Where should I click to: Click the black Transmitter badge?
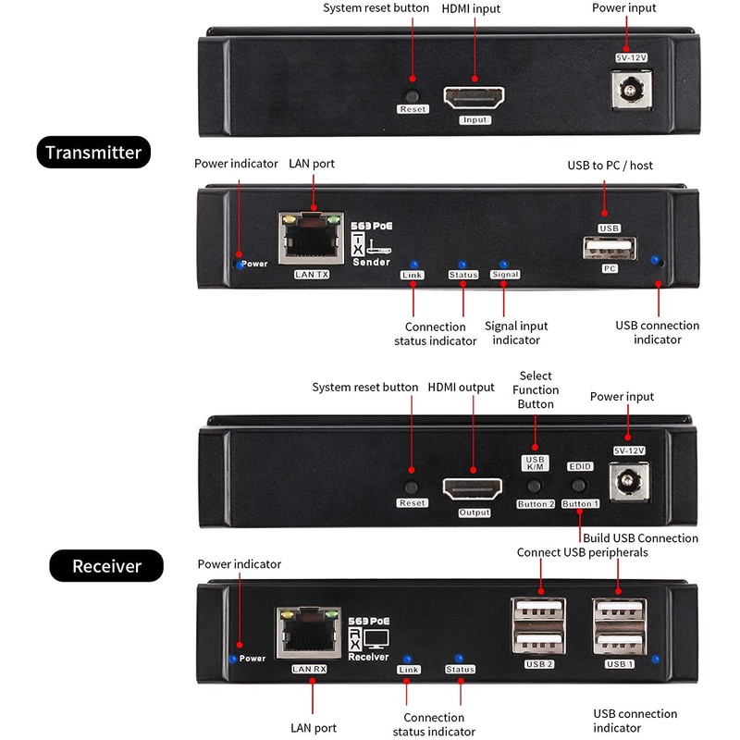(93, 152)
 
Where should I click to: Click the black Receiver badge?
(106, 565)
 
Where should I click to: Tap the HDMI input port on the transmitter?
(474, 98)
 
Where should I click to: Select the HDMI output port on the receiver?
(473, 489)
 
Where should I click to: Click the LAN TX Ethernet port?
(311, 239)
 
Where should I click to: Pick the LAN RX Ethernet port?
(309, 633)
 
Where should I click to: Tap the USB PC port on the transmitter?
(610, 248)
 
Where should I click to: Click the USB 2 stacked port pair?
(538, 626)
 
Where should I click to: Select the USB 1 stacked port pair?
(620, 626)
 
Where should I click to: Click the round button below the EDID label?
(579, 485)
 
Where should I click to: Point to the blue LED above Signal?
(503, 265)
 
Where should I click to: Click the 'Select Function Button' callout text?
(536, 389)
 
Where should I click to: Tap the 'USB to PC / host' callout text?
(610, 166)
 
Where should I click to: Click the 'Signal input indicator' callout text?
(516, 333)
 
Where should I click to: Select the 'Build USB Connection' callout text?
(640, 538)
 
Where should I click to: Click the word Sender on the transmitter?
(372, 262)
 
